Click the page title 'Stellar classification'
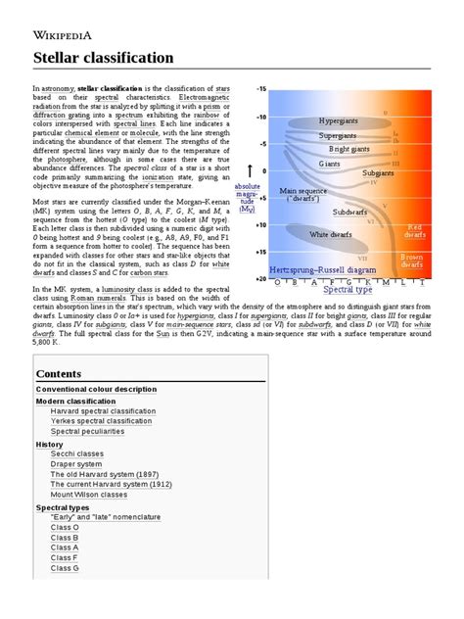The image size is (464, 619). point(103,58)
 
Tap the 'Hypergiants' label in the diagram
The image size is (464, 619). point(339,120)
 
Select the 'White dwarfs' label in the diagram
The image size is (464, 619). point(331,234)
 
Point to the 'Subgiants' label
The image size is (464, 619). point(378,172)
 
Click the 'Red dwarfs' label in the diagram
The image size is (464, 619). point(414,231)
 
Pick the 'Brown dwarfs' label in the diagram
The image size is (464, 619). point(414,260)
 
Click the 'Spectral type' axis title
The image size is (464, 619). point(348,291)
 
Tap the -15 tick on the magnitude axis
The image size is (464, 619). point(260,89)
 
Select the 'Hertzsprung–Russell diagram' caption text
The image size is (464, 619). point(321,268)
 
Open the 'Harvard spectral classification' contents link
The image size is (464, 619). point(103,411)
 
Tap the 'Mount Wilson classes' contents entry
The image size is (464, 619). point(96,496)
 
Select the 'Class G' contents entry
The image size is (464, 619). point(65,568)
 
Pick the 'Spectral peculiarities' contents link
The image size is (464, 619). point(89,430)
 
